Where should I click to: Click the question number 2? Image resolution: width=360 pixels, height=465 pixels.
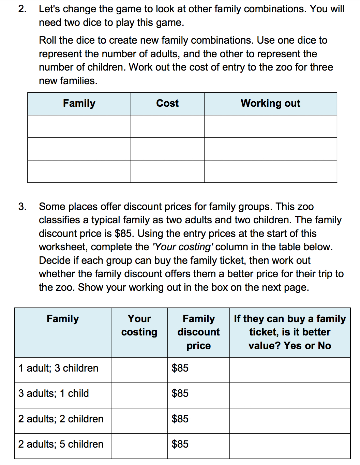22,9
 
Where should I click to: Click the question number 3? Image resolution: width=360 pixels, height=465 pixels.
22,207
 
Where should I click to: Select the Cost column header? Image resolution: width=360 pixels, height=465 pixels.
167,103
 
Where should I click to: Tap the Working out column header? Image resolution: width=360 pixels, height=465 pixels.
270,103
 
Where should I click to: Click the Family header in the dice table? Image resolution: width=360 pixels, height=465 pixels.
79,103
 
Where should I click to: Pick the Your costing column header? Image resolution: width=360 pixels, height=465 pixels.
139,325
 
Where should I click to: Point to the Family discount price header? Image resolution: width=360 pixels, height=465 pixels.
198,332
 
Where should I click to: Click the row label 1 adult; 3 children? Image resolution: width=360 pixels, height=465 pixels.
58,368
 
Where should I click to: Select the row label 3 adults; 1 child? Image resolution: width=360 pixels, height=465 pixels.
54,393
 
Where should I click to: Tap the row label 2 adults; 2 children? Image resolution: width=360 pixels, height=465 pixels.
61,419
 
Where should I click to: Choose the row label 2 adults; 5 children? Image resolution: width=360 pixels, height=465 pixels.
61,444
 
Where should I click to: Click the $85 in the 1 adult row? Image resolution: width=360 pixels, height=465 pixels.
180,368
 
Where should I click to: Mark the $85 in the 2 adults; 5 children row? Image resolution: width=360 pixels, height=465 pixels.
180,444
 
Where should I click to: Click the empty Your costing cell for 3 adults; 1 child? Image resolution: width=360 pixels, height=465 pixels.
139,395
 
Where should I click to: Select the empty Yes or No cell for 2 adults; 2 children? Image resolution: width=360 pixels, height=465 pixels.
290,421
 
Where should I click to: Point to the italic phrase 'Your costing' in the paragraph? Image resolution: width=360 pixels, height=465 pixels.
183,247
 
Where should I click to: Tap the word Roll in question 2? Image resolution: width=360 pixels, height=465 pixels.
47,40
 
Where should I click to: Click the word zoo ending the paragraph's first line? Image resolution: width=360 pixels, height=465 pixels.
305,207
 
